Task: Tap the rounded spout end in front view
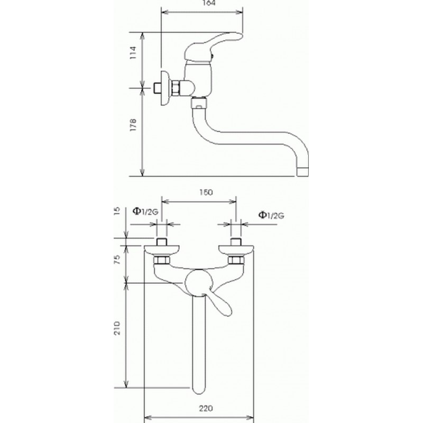click(x=199, y=389)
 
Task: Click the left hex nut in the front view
click(x=162, y=260)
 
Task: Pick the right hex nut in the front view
click(x=236, y=260)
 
